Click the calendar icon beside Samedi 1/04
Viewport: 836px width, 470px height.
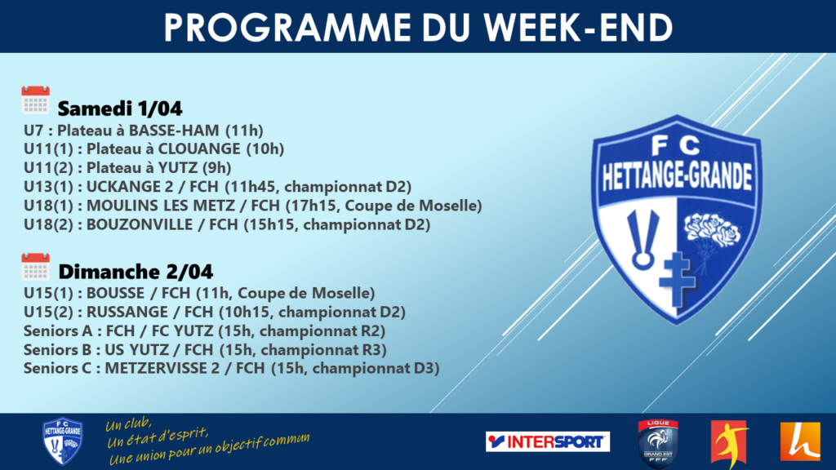(x=35, y=100)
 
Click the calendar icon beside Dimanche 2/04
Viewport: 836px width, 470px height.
(x=35, y=267)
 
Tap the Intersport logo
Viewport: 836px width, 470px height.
(x=548, y=441)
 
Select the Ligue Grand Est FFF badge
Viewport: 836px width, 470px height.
(x=658, y=443)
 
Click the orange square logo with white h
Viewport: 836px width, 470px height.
(x=800, y=441)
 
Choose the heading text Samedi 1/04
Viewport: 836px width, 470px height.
(x=120, y=109)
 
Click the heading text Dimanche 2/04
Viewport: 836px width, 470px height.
(x=136, y=272)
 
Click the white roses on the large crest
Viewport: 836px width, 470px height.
(x=712, y=230)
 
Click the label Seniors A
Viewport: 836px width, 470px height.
(x=58, y=331)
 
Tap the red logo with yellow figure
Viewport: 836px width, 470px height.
(x=729, y=443)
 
